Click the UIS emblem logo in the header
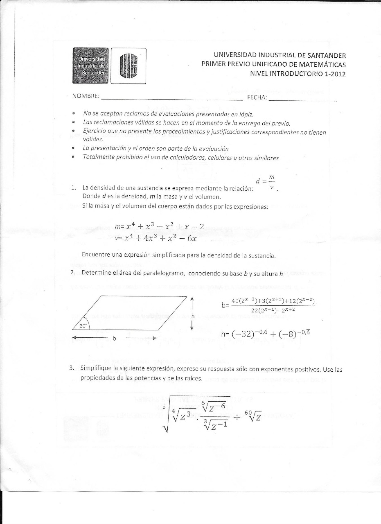128,66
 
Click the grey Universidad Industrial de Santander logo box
91,66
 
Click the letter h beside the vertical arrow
192,316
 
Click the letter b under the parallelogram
114,339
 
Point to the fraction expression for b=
272,305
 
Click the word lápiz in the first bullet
250,113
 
